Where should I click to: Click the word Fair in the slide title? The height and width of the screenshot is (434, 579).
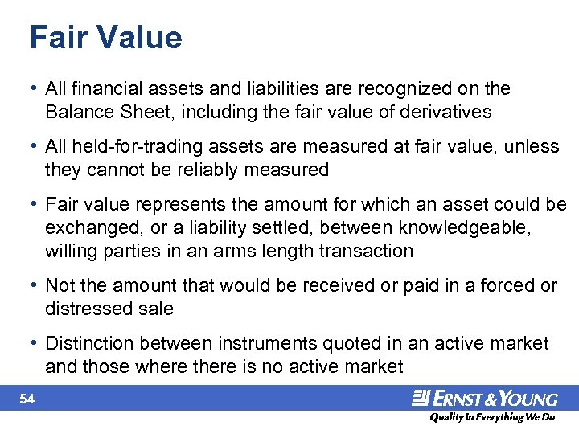coord(55,38)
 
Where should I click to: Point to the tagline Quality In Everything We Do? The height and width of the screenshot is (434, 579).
coord(493,417)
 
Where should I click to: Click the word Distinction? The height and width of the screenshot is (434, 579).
coord(90,344)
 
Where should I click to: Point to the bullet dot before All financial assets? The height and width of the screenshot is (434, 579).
coord(36,88)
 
